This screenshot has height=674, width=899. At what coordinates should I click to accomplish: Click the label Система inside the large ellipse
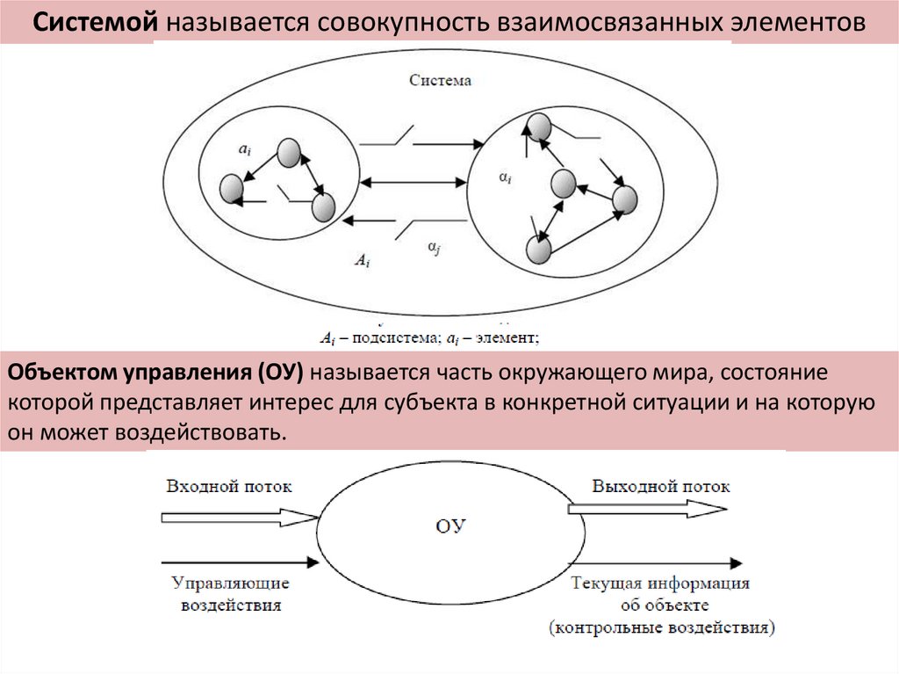(440, 81)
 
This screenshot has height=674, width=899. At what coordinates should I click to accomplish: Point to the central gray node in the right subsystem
(563, 184)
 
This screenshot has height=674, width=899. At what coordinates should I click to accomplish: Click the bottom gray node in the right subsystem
(538, 250)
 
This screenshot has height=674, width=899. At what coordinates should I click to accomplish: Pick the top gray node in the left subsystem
(289, 153)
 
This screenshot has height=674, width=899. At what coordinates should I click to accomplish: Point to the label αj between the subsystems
(434, 249)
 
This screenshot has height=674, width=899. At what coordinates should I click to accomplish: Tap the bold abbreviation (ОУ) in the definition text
(280, 373)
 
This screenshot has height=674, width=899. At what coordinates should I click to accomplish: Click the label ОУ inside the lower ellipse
(450, 526)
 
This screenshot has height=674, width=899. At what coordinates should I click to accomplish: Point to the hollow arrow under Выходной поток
(648, 508)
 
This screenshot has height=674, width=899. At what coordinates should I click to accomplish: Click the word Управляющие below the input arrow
(231, 583)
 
